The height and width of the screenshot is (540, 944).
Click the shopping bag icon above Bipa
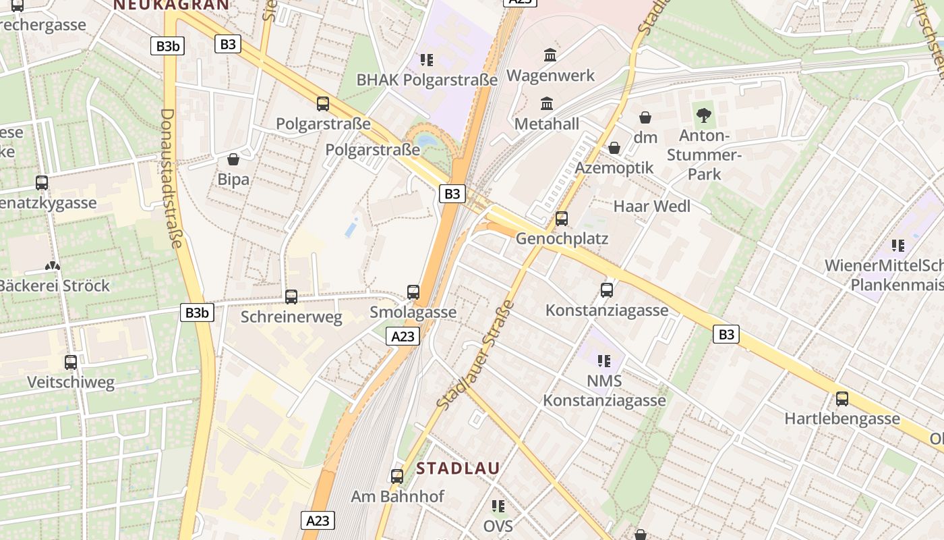click(x=233, y=159)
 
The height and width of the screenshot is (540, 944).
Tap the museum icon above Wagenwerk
click(x=550, y=55)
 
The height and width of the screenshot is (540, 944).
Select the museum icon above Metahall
click(x=547, y=104)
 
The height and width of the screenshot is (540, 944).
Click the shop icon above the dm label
click(x=645, y=117)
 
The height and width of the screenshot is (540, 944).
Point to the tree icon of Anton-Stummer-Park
click(x=704, y=115)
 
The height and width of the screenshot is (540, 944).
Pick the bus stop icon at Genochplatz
click(x=562, y=219)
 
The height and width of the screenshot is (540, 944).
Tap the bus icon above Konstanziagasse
click(x=607, y=290)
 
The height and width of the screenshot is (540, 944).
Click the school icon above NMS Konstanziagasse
click(x=604, y=361)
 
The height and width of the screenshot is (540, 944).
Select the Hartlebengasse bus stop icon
click(x=842, y=399)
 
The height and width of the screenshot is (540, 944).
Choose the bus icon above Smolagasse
click(x=413, y=292)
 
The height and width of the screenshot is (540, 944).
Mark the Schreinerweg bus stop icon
click(x=291, y=296)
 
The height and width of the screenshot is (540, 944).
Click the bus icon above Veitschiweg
click(x=71, y=362)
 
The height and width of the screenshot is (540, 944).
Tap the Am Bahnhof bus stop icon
click(x=397, y=477)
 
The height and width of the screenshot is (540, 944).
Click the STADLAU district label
click(x=458, y=468)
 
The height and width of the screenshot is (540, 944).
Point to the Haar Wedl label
click(x=651, y=206)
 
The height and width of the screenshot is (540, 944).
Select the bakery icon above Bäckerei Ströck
click(x=53, y=266)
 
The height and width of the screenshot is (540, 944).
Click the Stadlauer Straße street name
click(x=475, y=354)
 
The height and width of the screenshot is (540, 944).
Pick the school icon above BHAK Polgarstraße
click(x=426, y=60)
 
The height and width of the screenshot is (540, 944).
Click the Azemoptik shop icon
click(x=614, y=148)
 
